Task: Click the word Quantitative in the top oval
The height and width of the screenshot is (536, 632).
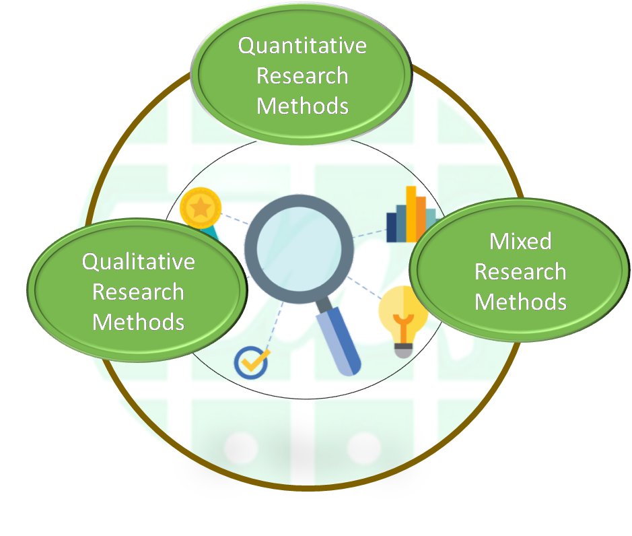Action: coord(302,46)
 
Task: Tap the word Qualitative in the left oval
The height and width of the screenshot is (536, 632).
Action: coord(138,261)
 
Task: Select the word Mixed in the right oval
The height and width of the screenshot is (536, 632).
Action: coord(520,241)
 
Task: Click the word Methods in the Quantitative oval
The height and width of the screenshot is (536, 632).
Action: coord(302,106)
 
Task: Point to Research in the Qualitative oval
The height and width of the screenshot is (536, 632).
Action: coord(138,292)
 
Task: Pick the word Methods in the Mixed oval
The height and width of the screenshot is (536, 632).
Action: coord(520,301)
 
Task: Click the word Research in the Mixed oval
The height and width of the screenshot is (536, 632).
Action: coord(520,271)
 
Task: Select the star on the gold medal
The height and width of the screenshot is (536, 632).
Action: coord(199,208)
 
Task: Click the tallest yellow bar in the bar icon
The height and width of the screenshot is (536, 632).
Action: coord(411,213)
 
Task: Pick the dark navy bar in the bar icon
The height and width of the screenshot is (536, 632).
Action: coord(392,227)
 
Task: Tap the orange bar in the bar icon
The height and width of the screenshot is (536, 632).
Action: coord(421,218)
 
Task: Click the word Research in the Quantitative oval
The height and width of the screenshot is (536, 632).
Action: coord(302,75)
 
